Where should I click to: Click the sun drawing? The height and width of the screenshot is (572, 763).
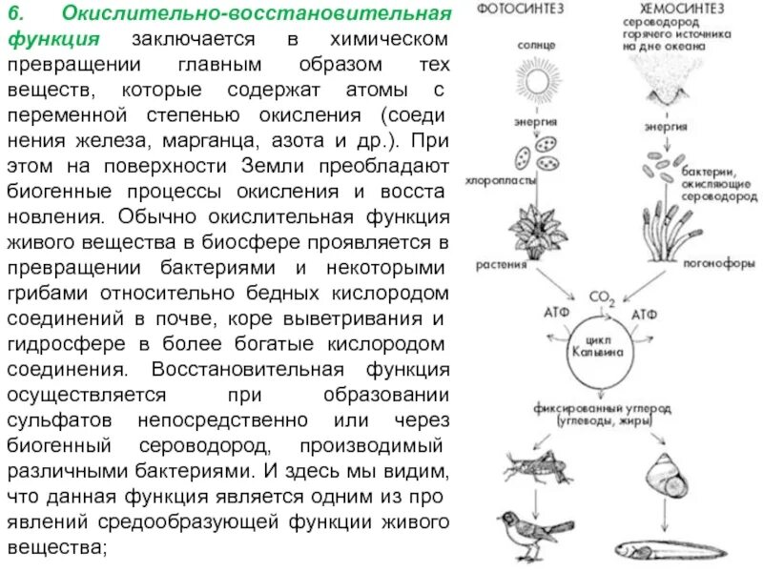tap(536, 77)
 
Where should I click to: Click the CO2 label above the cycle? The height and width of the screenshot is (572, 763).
tap(603, 297)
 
